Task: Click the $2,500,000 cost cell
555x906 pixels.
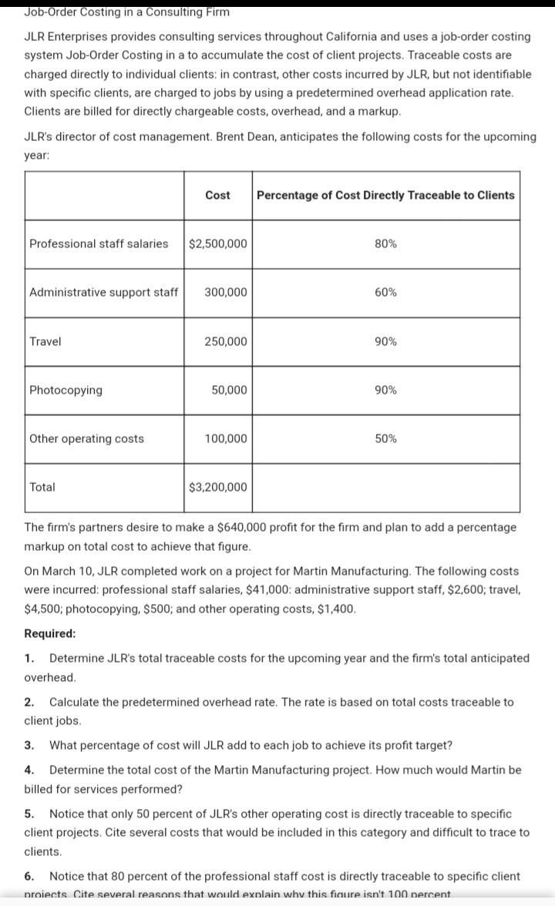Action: [218, 243]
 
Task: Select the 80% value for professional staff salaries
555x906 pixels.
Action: [385, 243]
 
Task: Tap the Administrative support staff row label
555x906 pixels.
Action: [103, 292]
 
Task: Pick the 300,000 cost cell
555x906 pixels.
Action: [226, 292]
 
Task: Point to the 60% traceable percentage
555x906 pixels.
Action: [385, 292]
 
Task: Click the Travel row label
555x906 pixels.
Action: [45, 341]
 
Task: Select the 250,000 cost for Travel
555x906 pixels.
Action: [226, 341]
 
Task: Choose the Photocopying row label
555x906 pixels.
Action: [66, 390]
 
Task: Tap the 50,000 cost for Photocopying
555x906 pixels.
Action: [229, 390]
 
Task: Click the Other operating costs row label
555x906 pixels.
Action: [86, 438]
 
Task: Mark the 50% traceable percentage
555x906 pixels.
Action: [385, 438]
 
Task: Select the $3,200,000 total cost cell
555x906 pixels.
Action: [218, 487]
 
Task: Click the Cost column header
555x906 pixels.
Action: [217, 195]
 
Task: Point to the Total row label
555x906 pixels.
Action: [42, 487]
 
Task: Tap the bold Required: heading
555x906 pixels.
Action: [50, 633]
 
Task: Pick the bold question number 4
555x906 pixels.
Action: [29, 770]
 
